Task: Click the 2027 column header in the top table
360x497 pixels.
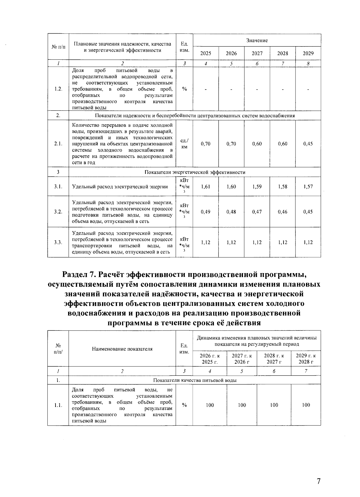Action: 257,53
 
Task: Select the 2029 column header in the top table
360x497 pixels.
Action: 308,53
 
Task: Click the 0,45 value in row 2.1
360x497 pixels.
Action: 308,144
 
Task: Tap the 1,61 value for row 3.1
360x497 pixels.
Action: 205,186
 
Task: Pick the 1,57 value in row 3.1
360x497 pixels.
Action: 308,186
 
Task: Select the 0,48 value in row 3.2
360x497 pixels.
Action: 231,212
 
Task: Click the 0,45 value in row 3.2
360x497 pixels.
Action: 308,212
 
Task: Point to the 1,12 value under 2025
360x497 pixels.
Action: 205,242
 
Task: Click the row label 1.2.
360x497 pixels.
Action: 58,89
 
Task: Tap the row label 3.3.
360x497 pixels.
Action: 58,242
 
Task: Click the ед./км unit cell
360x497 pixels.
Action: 184,144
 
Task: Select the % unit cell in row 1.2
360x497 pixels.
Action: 184,89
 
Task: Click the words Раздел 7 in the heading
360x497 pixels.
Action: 79,274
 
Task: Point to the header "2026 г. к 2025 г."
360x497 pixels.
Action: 210,358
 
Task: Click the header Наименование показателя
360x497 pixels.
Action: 122,349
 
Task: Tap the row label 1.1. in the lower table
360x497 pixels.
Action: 58,405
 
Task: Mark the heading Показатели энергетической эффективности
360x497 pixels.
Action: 195,172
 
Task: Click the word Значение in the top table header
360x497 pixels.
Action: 257,41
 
